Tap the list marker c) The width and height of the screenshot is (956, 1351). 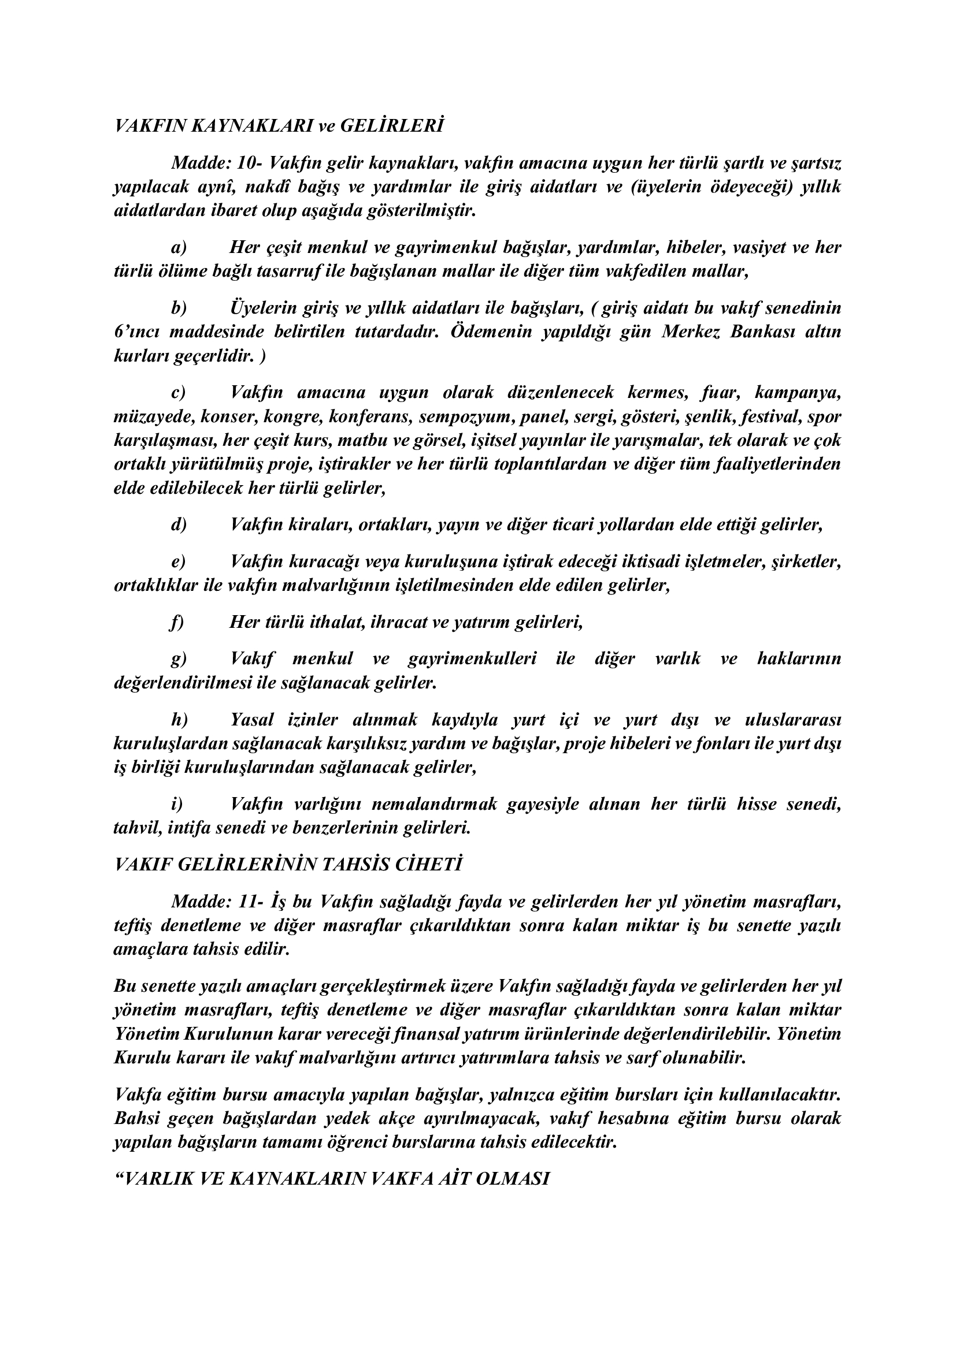179,392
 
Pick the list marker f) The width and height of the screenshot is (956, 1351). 177,622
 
